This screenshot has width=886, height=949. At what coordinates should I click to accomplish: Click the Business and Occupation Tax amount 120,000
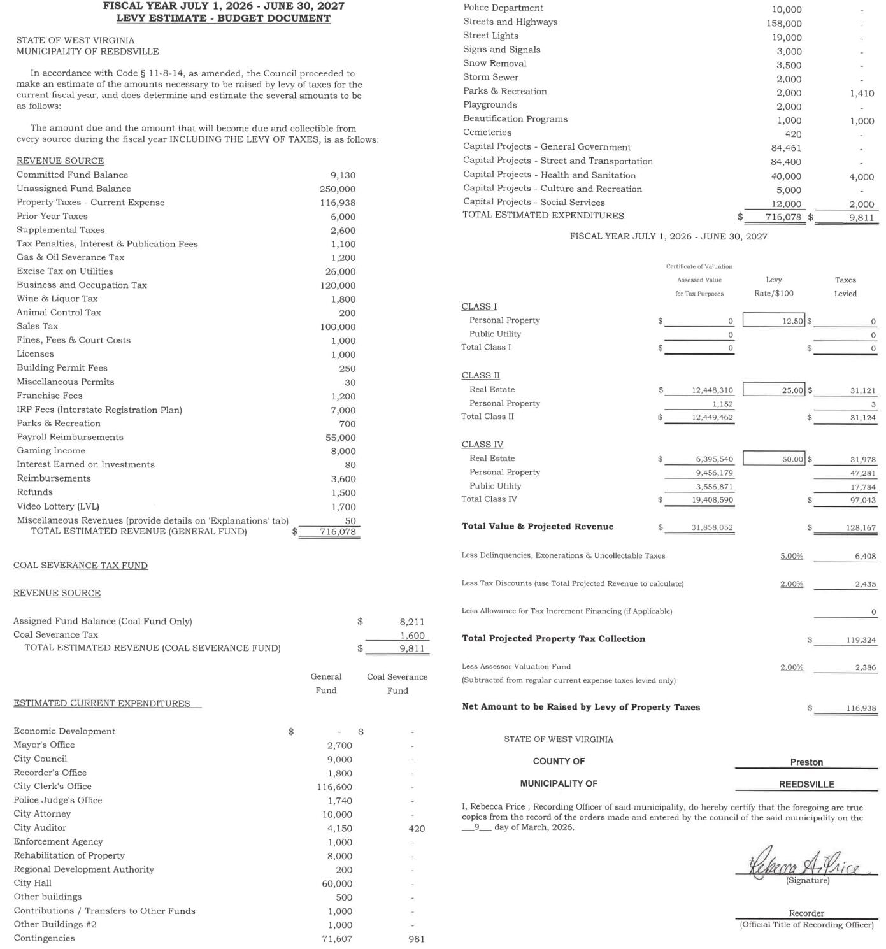pyautogui.click(x=338, y=286)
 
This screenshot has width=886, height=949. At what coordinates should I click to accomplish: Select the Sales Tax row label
pyautogui.click(x=37, y=326)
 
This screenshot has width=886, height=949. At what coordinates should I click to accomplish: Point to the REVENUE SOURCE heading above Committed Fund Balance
pyautogui.click(x=60, y=161)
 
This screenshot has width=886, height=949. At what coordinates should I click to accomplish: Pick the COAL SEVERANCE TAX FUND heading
pyautogui.click(x=80, y=566)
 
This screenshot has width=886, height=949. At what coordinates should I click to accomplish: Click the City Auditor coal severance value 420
pyautogui.click(x=416, y=829)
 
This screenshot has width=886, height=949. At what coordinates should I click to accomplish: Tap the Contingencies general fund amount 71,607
pyautogui.click(x=337, y=939)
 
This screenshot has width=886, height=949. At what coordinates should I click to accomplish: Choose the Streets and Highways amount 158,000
pyautogui.click(x=783, y=24)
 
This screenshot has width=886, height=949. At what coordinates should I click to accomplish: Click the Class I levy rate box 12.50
pyautogui.click(x=774, y=321)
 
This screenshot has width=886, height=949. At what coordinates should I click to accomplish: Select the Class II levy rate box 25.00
pyautogui.click(x=774, y=390)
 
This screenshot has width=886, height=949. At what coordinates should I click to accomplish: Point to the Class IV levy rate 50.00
pyautogui.click(x=774, y=459)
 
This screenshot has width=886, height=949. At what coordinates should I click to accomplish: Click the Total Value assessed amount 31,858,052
pyautogui.click(x=711, y=528)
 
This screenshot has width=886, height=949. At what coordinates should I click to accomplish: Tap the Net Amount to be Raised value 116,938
pyautogui.click(x=861, y=708)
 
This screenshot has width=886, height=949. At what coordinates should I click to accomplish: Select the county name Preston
pyautogui.click(x=806, y=762)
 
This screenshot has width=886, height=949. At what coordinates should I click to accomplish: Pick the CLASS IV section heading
pyautogui.click(x=482, y=445)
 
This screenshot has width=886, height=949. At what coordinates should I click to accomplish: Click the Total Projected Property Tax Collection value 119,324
pyautogui.click(x=861, y=640)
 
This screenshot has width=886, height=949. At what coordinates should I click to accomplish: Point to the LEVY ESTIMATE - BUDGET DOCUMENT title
pyautogui.click(x=223, y=18)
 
